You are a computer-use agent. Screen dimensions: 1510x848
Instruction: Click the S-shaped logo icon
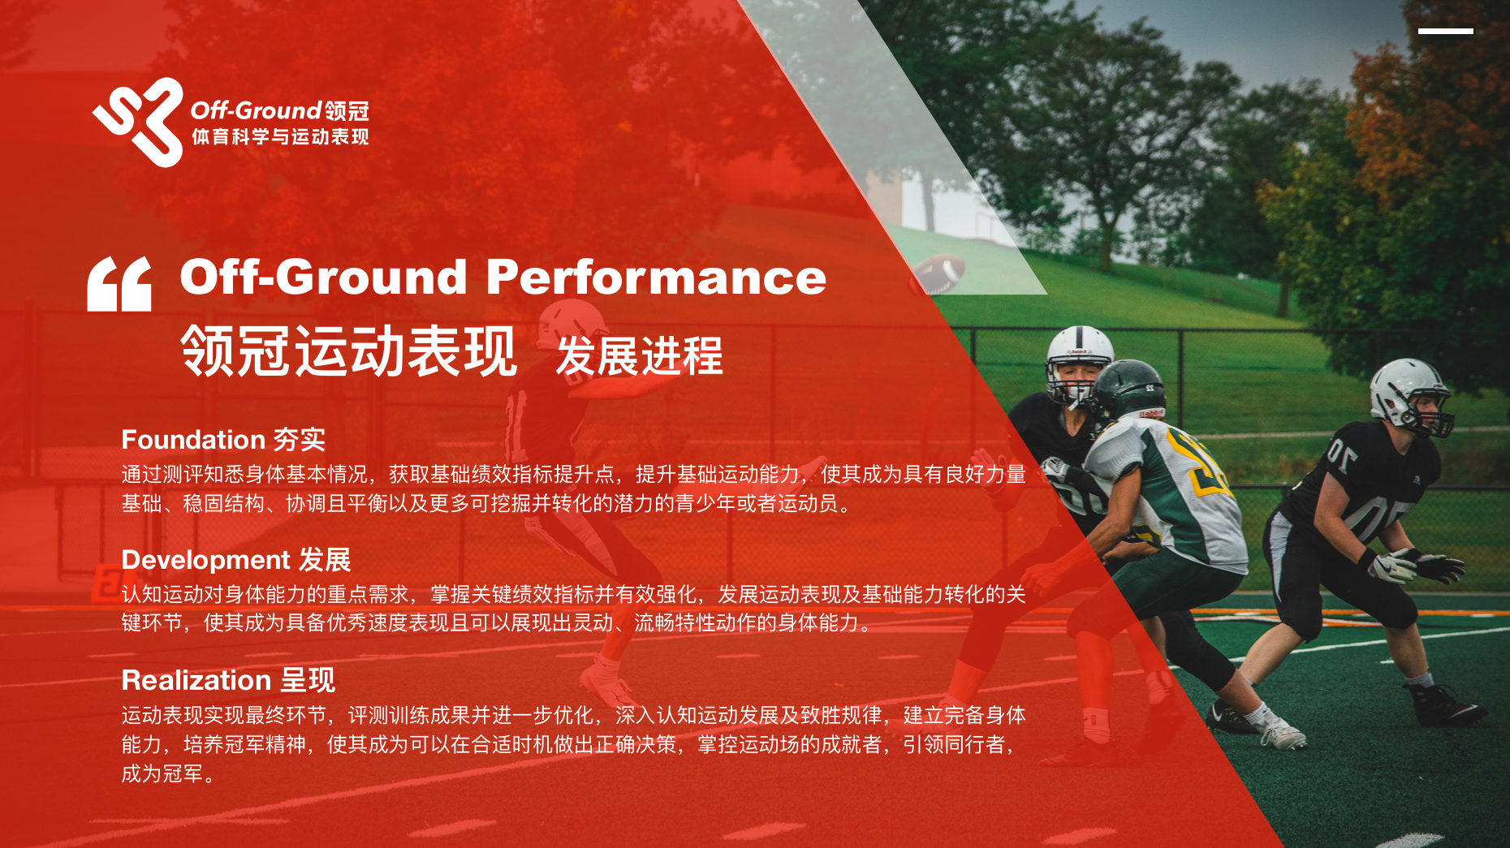point(138,123)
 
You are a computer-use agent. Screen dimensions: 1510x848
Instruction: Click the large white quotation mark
point(119,283)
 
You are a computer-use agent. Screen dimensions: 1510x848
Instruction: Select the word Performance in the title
point(656,277)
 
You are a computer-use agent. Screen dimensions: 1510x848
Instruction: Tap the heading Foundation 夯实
point(223,439)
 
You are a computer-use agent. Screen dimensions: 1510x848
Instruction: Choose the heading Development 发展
point(236,559)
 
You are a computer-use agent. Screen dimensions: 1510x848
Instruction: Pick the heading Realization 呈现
point(228,679)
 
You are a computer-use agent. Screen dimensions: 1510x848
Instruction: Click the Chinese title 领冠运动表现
point(348,351)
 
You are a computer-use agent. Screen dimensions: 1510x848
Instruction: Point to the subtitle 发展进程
point(639,355)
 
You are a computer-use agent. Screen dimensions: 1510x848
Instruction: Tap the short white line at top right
point(1445,32)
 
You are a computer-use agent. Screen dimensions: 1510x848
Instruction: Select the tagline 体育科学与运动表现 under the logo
point(280,136)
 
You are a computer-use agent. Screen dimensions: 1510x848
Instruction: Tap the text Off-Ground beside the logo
point(257,110)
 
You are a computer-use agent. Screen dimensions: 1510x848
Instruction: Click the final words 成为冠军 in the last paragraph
point(162,773)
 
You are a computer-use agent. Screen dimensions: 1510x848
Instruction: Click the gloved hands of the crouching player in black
point(1417,565)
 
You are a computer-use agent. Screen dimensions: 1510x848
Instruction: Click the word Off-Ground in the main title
point(323,277)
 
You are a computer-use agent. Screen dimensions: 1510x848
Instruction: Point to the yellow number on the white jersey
point(1202,463)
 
